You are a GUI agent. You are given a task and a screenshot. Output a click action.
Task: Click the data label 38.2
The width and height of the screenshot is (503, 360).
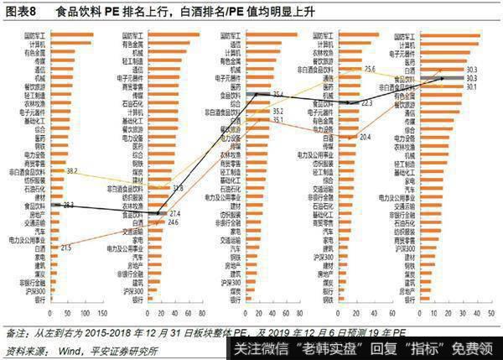point(72,170)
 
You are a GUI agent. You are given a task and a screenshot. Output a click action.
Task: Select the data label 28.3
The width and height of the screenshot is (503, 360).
point(68,204)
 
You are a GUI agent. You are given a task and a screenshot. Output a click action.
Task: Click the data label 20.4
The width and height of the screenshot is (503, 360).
point(365,136)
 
